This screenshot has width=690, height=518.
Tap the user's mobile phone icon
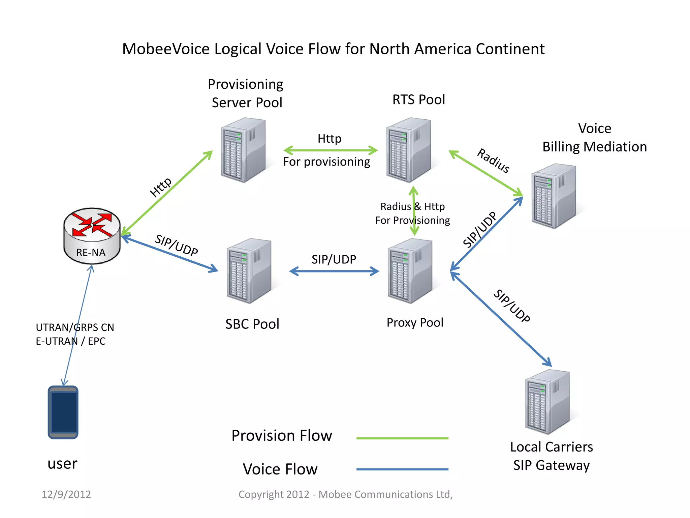click(63, 412)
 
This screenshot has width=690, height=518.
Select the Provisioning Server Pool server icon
click(243, 150)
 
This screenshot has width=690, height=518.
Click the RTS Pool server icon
click(409, 150)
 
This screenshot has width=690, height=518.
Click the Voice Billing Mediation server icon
click(554, 196)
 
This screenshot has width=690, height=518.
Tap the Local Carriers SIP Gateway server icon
click(547, 402)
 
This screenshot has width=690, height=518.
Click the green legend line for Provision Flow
click(402, 438)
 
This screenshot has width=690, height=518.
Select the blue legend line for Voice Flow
click(402, 469)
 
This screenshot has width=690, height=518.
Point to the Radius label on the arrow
click(493, 161)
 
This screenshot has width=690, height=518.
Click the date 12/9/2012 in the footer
click(66, 494)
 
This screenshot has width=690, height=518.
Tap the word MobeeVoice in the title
click(166, 49)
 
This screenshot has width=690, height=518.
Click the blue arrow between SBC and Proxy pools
click(334, 271)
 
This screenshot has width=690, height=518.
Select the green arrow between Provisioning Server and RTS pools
click(330, 150)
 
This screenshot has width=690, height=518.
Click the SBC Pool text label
click(252, 324)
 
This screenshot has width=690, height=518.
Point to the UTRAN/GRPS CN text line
click(75, 327)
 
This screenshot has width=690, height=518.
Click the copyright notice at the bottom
click(345, 494)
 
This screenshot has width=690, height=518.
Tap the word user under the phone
click(62, 464)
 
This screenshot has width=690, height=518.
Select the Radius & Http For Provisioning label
click(412, 213)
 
